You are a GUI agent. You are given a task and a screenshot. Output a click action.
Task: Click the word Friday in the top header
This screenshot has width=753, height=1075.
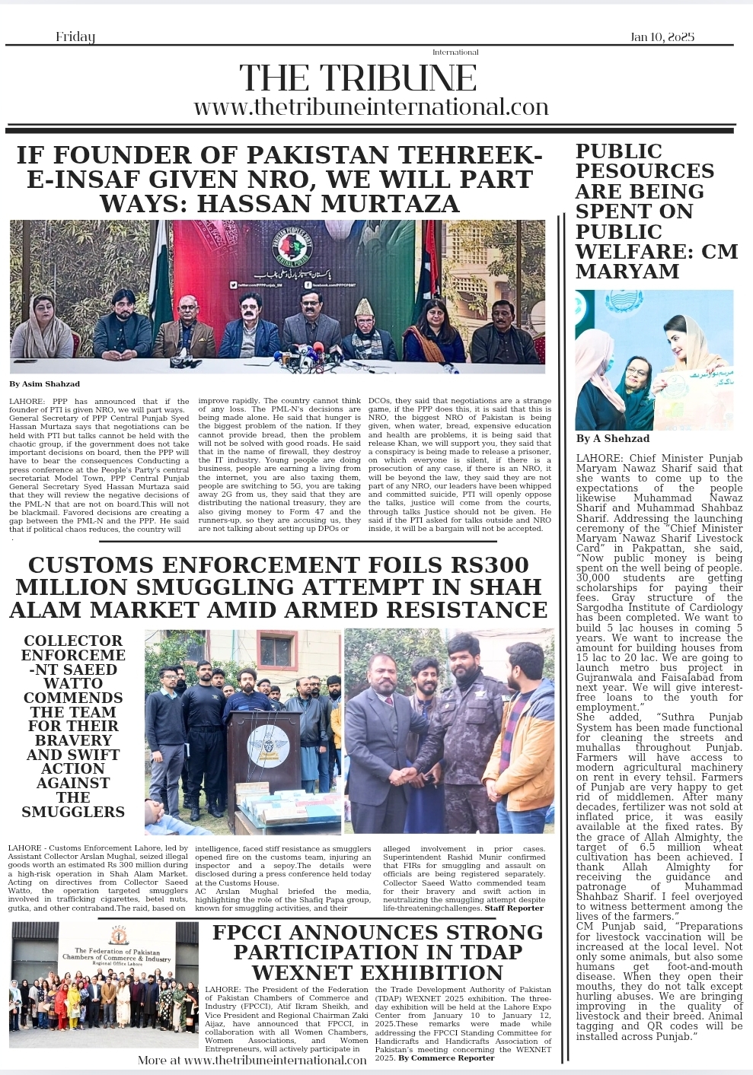[x=75, y=37]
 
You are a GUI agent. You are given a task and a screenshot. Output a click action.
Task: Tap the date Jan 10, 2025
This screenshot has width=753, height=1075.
[x=662, y=37]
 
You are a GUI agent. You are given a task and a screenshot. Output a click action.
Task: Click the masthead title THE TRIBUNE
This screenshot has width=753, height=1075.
[x=358, y=78]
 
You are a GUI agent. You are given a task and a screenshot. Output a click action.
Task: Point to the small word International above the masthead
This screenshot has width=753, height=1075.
[x=455, y=52]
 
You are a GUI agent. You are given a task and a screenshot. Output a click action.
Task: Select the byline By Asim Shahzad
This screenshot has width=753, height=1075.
[x=44, y=384]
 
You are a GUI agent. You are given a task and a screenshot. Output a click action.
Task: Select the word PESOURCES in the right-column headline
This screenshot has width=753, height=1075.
[x=644, y=171]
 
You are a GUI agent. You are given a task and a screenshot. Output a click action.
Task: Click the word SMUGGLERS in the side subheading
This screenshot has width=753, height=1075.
[x=73, y=812]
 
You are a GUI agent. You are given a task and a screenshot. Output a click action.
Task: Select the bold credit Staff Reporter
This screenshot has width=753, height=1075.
[x=514, y=908]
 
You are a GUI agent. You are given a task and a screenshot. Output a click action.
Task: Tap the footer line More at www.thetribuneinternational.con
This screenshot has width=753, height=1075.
[x=252, y=1060]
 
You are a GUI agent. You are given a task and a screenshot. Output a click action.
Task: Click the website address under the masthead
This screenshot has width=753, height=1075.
[x=371, y=107]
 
